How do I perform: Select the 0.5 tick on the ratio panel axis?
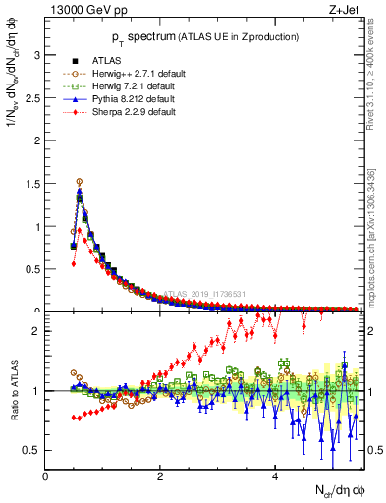32,450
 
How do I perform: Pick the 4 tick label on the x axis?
275,476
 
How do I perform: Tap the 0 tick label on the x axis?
45,476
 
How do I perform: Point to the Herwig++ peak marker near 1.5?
80,182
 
